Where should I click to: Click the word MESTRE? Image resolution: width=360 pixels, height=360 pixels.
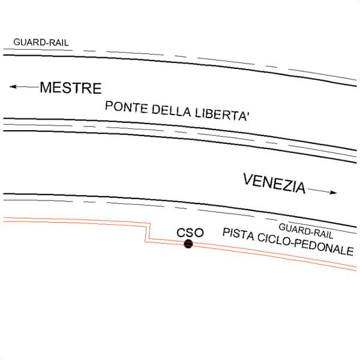click(71, 88)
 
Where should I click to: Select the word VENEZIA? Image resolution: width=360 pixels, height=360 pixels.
click(274, 184)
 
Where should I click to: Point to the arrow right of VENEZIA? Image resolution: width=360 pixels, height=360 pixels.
click(325, 192)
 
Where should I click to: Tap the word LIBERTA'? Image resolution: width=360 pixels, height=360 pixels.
click(221, 116)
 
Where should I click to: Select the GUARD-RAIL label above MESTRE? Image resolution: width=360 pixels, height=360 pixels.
click(41, 43)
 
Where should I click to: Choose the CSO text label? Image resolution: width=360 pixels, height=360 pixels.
click(190, 232)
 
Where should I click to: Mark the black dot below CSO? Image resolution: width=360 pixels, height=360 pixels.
click(188, 244)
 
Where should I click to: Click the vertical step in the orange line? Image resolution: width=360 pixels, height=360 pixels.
click(146, 233)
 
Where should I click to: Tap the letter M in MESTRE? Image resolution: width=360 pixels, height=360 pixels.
click(46, 88)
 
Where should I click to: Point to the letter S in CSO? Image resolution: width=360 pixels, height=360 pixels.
click(190, 232)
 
